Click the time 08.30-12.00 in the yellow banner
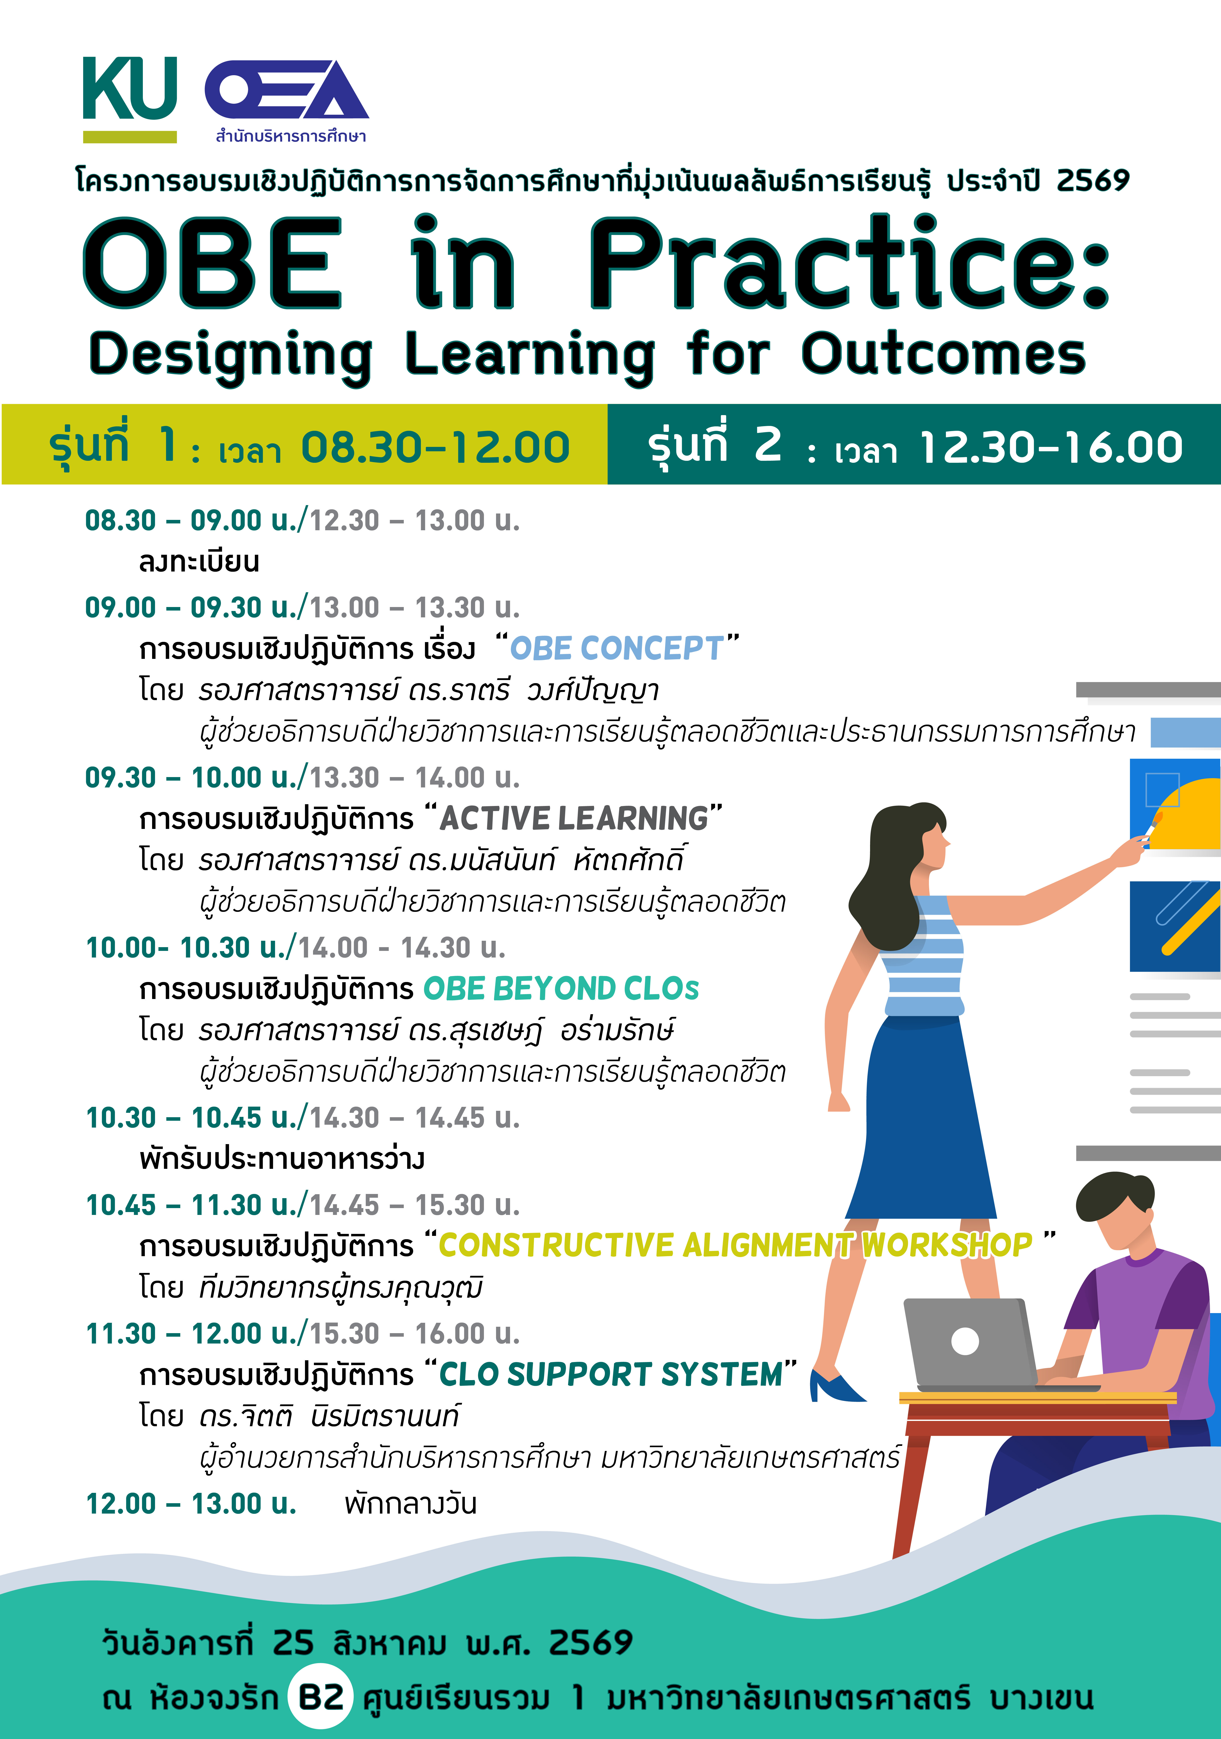(435, 447)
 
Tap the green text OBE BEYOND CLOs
(561, 989)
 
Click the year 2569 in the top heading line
(1092, 180)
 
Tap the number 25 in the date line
(293, 1642)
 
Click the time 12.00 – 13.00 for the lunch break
(191, 1503)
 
